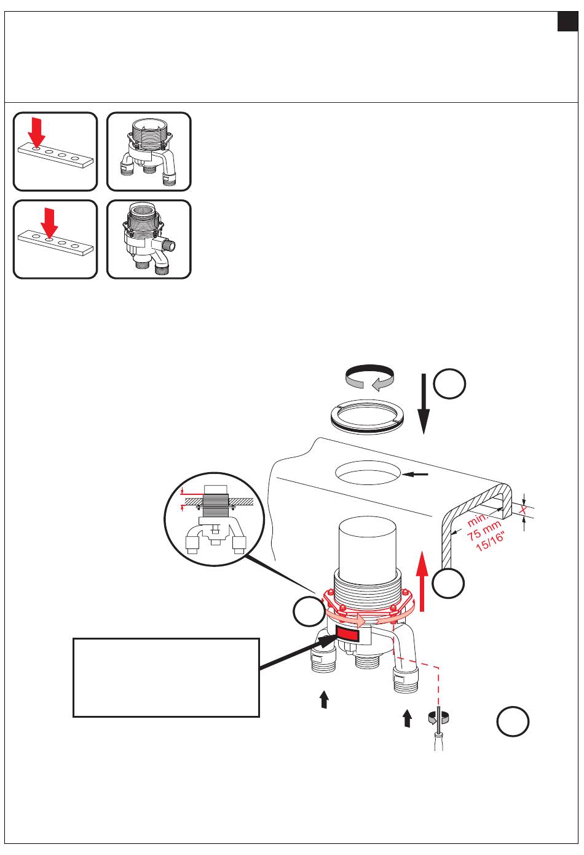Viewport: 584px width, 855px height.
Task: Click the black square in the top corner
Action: tap(567, 22)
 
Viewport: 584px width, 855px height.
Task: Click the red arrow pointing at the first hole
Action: tap(37, 132)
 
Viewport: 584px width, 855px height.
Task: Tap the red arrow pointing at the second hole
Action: tap(50, 223)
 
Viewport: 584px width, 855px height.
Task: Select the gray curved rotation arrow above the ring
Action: tap(369, 377)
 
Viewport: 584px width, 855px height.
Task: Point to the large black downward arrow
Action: tap(423, 404)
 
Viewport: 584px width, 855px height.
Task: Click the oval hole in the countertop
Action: tap(368, 473)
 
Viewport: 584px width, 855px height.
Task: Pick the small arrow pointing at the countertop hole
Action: tap(415, 475)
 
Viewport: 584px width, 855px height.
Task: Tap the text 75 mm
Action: tap(484, 531)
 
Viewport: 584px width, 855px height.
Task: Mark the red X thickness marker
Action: tap(523, 510)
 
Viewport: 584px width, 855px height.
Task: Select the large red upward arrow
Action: tap(422, 580)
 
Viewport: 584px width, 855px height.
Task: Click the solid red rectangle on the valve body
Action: tap(347, 634)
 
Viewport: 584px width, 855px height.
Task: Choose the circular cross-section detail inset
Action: tap(214, 519)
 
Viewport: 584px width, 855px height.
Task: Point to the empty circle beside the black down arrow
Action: tap(449, 383)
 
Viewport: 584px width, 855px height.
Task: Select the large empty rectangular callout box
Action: tap(166, 677)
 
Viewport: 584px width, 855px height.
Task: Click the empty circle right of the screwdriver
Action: tap(513, 721)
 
